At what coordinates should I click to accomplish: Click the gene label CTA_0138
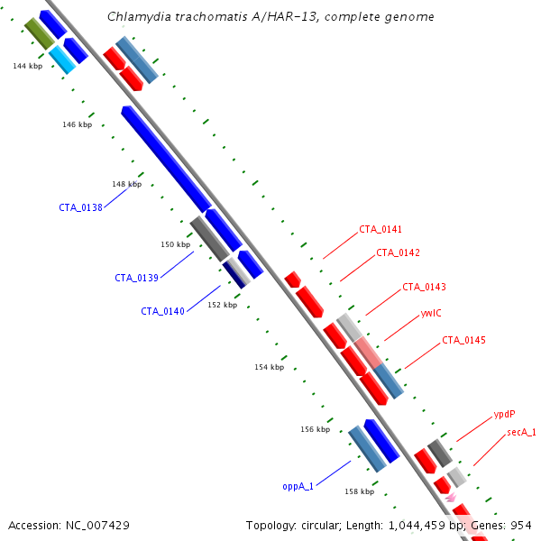point(81,207)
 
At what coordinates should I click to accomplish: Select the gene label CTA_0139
point(137,278)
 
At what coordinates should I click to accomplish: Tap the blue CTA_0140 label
point(163,311)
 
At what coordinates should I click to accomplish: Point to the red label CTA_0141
point(381,229)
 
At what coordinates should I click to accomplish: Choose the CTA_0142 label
point(399,252)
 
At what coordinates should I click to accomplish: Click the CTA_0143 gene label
point(425,287)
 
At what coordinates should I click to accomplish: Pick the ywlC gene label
point(431,313)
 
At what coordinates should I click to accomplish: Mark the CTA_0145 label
point(463,340)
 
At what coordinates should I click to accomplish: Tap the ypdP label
point(504,414)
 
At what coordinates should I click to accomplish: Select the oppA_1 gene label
point(298,487)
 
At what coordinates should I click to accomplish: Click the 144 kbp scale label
point(28,66)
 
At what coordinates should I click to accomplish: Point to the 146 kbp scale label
point(78,124)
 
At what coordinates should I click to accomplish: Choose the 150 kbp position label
point(176,244)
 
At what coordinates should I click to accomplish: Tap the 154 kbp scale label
point(270,367)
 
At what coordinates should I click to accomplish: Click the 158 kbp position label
point(360,491)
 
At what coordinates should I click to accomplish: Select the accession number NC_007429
point(97,526)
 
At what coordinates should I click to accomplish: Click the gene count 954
point(521,526)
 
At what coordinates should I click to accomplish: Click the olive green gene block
point(40,33)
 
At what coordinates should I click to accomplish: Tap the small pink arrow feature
point(451,498)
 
